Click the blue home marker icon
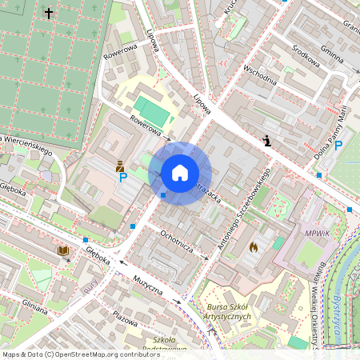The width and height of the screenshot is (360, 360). pyautogui.click(x=180, y=173)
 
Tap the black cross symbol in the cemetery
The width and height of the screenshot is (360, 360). pyautogui.click(x=49, y=14)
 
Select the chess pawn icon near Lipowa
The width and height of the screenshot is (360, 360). pyautogui.click(x=266, y=141)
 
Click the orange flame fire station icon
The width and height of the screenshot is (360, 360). pyautogui.click(x=254, y=248)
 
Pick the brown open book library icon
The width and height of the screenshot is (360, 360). pyautogui.click(x=62, y=251)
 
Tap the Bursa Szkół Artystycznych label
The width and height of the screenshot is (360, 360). pyautogui.click(x=229, y=311)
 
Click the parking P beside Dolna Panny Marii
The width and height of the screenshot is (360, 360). pyautogui.click(x=338, y=146)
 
